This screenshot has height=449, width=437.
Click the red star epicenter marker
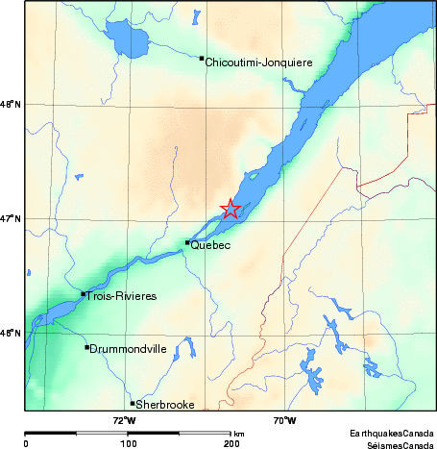coord(231,209)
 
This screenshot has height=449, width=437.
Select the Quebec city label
coord(210,246)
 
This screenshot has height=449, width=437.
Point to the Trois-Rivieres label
coord(121,297)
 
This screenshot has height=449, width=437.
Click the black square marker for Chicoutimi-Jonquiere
coord(202,59)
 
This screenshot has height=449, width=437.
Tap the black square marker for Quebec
coord(186,242)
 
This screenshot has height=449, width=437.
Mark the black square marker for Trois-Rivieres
coord(84,294)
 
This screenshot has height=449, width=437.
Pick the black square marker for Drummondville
coord(87,347)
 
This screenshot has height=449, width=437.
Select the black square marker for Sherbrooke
coord(133,403)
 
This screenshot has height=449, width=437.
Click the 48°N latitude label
coord(11,104)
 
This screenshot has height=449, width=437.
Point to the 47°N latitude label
coord(11,218)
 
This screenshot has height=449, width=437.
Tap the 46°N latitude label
coord(11,334)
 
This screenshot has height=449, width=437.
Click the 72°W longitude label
coord(124,420)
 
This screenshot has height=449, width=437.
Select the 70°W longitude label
coord(283,420)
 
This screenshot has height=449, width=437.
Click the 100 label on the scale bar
coord(127,443)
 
